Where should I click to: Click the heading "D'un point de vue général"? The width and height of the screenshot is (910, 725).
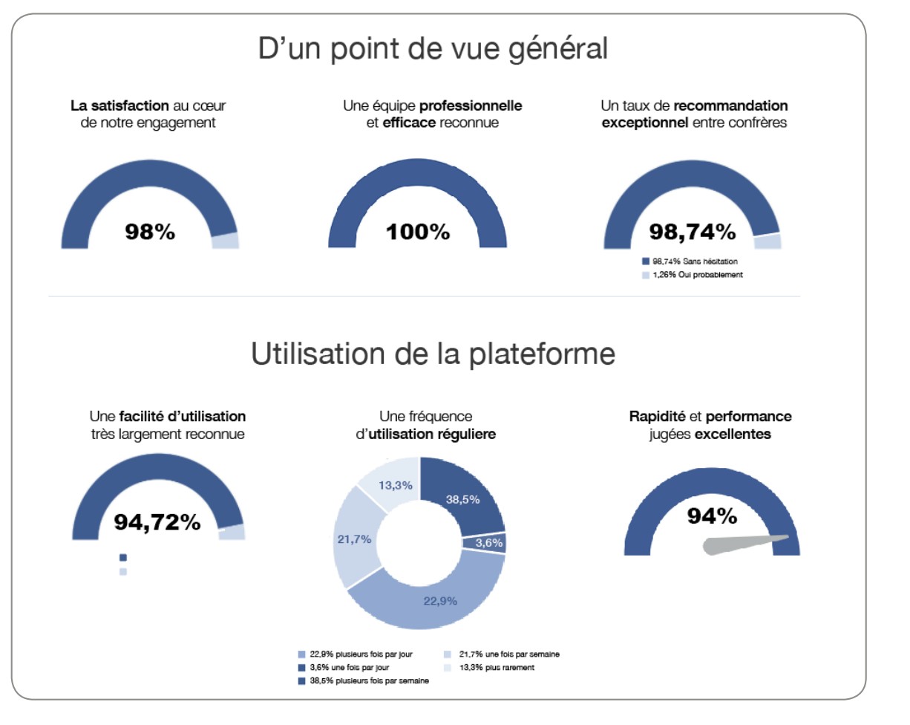(433, 50)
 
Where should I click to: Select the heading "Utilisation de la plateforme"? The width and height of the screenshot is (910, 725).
(433, 354)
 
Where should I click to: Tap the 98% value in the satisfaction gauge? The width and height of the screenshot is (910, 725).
(150, 232)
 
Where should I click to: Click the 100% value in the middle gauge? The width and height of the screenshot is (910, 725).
(418, 232)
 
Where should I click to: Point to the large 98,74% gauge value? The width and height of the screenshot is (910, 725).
(693, 232)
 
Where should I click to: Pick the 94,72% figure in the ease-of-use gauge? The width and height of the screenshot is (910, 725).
(157, 522)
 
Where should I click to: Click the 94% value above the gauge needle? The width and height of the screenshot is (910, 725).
(712, 516)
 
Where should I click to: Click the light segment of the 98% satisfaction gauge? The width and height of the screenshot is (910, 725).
(225, 241)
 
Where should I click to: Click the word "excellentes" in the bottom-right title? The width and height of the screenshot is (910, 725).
(733, 434)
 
